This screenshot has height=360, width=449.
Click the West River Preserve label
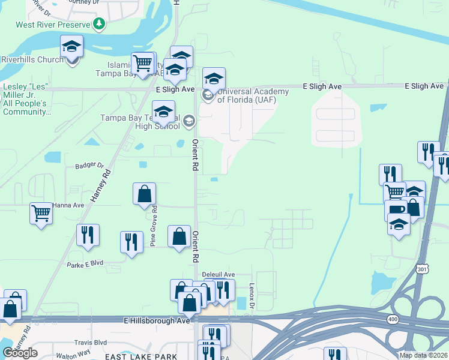coord(53,25)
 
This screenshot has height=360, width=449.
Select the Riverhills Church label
coord(32,59)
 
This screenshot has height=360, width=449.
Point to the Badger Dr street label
coord(89,166)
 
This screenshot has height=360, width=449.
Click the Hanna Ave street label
coord(68,205)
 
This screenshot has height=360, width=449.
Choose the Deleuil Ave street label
coord(218,274)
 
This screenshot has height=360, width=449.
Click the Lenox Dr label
coord(252,296)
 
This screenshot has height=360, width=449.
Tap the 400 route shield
coord(393,320)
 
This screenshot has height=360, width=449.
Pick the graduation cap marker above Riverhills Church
coord(71,47)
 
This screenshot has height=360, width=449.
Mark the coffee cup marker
coord(396,210)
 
